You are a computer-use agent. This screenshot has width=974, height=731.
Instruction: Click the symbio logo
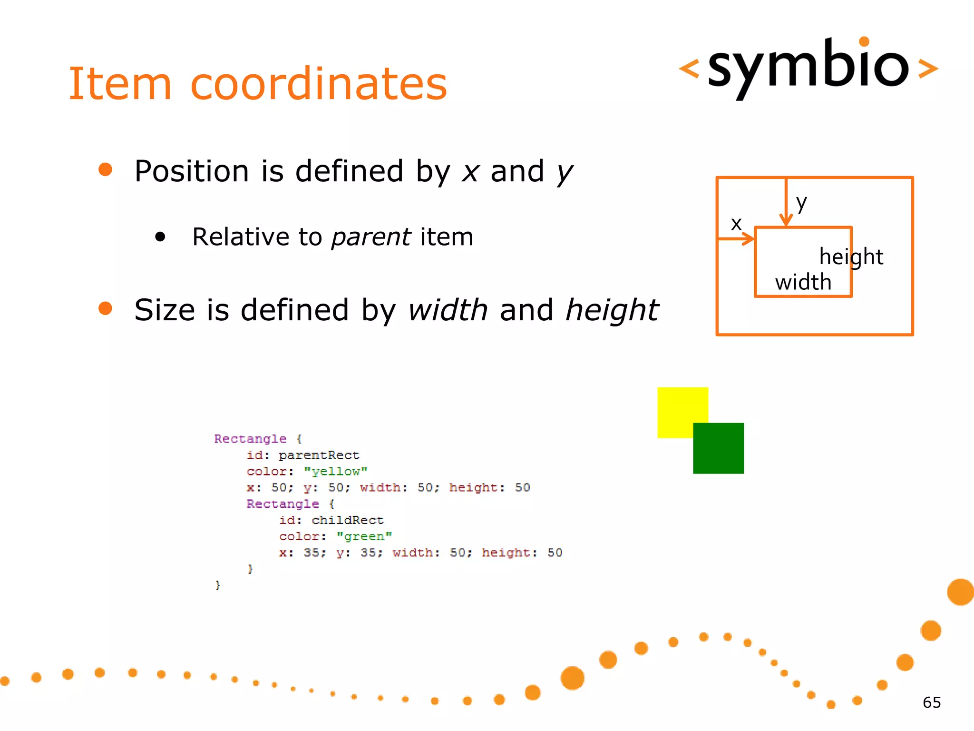808,67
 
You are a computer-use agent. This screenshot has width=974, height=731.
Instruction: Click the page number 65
932,702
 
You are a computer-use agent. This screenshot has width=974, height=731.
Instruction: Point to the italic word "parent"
371,237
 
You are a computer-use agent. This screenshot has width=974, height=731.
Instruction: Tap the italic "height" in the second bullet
612,310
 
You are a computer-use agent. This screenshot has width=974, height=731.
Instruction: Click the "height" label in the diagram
851,257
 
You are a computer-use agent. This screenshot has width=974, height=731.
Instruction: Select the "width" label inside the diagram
803,282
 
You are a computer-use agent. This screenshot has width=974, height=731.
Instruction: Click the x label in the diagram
736,224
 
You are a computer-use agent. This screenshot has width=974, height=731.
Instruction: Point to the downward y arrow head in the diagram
786,221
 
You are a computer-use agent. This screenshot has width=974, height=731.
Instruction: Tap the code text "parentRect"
319,455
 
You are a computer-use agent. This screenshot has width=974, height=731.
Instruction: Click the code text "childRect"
348,520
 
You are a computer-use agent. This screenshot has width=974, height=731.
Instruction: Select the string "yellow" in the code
336,471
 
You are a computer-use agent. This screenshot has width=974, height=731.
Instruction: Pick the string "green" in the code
364,536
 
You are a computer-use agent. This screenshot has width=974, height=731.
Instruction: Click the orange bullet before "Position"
105,169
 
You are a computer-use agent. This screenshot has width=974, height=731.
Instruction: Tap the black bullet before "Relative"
160,237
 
